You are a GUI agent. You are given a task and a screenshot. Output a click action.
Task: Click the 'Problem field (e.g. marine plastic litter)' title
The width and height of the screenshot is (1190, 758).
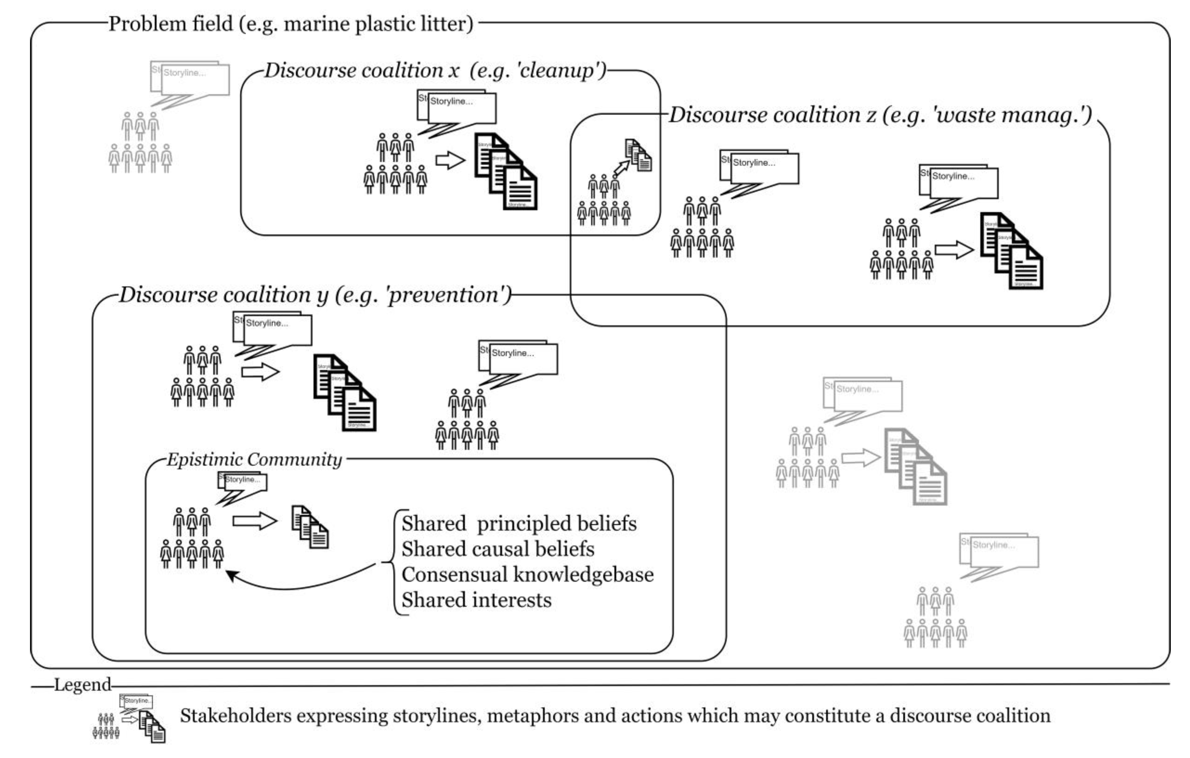pyautogui.click(x=291, y=24)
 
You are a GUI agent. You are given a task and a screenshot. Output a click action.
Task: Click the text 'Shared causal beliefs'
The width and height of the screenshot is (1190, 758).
pyautogui.click(x=498, y=549)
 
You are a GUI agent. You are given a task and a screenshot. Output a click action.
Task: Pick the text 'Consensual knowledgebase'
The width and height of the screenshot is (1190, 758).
pyautogui.click(x=527, y=575)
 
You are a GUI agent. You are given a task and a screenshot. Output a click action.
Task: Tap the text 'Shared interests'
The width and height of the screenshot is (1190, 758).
pyautogui.click(x=476, y=601)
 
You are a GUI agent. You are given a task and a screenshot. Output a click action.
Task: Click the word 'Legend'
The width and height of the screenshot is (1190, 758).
pyautogui.click(x=83, y=685)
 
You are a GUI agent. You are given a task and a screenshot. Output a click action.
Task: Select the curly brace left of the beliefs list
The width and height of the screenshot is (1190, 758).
pyautogui.click(x=395, y=562)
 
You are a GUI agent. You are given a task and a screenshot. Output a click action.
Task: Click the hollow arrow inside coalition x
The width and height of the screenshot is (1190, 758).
pyautogui.click(x=450, y=160)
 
